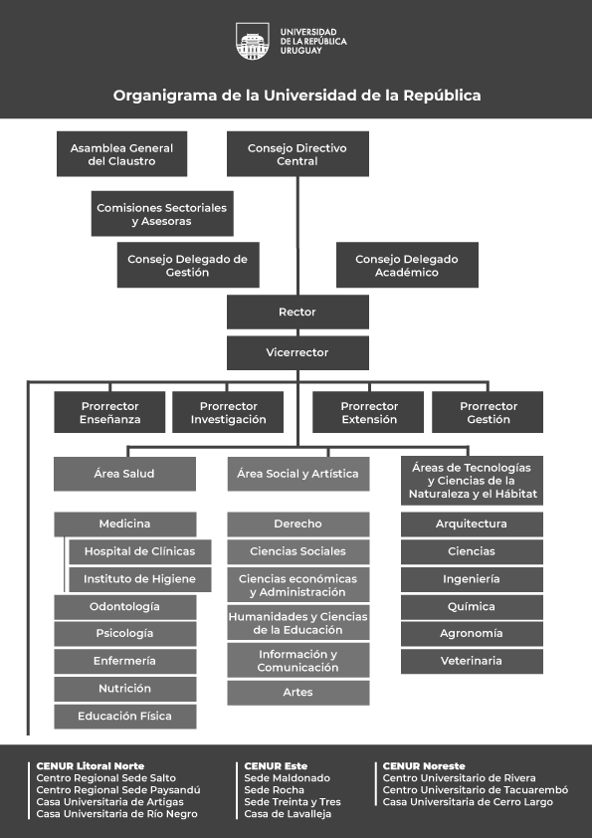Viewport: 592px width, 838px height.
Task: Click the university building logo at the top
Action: coord(252,41)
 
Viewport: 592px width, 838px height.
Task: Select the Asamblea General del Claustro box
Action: coord(121,154)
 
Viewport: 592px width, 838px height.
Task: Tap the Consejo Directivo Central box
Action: coord(297,154)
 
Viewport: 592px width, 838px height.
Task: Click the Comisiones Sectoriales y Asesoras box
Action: coord(162,214)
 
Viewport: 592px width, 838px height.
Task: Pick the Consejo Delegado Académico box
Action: coord(407,265)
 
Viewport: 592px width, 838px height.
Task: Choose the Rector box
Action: coord(297,313)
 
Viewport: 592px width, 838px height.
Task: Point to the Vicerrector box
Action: coord(297,352)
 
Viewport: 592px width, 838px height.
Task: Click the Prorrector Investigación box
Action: coord(228,412)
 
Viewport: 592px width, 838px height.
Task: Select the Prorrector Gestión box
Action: coord(488,412)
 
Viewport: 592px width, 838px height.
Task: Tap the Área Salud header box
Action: coord(124,474)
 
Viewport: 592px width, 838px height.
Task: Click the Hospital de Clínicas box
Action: coord(140,551)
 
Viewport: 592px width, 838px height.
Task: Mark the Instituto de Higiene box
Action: coord(140,579)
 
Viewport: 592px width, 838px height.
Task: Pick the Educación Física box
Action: coord(125,717)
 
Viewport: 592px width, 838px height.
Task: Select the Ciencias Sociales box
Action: coord(298,551)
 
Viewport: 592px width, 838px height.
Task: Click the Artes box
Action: coord(298,693)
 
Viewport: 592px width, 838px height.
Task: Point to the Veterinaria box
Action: coord(472,661)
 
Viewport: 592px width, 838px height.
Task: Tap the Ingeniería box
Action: coord(472,579)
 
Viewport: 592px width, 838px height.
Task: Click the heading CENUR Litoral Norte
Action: coord(91,766)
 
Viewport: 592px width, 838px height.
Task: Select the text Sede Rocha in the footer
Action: coord(274,790)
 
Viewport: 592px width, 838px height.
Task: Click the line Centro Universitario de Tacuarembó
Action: coord(476,790)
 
